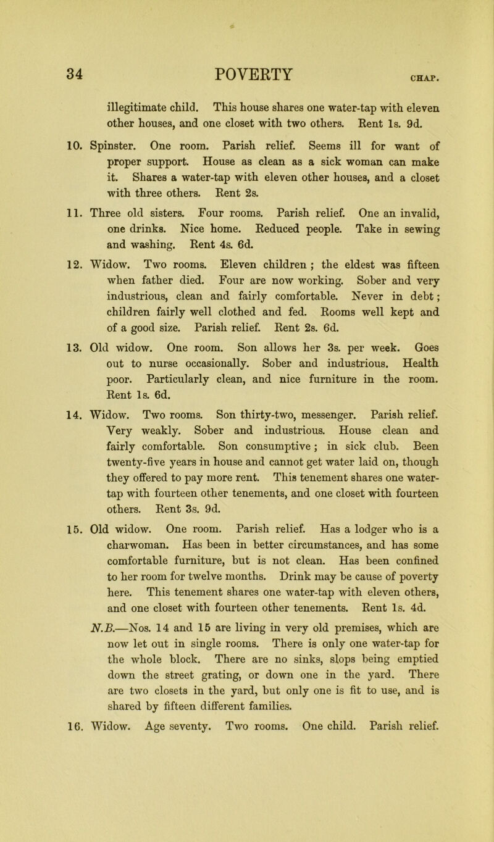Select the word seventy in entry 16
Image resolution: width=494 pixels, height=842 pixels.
point(170,826)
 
